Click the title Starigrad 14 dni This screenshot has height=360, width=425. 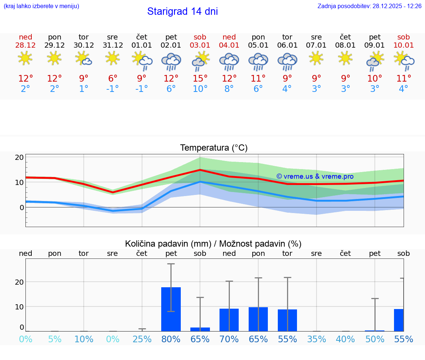pyautogui.click(x=182, y=11)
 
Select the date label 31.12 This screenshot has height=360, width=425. pyautogui.click(x=113, y=45)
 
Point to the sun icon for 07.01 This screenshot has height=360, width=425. pyautogui.click(x=316, y=58)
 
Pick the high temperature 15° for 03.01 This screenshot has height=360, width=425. pyautogui.click(x=200, y=79)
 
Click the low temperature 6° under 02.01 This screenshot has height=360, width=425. pyautogui.click(x=171, y=89)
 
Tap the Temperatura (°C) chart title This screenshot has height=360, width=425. pyautogui.click(x=214, y=148)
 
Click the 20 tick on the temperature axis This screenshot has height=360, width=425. pyautogui.click(x=20, y=157)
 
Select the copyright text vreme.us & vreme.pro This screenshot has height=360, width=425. pyautogui.click(x=315, y=176)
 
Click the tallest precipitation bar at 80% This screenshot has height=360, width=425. pyautogui.click(x=171, y=309)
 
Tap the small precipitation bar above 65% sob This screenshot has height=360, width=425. pyautogui.click(x=200, y=329)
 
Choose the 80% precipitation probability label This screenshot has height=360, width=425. pyautogui.click(x=171, y=339)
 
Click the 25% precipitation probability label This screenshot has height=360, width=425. pyautogui.click(x=142, y=339)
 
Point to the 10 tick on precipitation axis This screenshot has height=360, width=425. pyautogui.click(x=20, y=306)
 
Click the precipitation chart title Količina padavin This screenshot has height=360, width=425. pyautogui.click(x=213, y=244)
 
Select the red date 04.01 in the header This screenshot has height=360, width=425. pyautogui.click(x=229, y=45)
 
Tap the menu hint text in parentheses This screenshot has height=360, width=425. pyautogui.click(x=41, y=6)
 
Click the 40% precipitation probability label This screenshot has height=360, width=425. pyautogui.click(x=345, y=339)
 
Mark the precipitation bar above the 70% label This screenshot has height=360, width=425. pyautogui.click(x=229, y=320)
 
